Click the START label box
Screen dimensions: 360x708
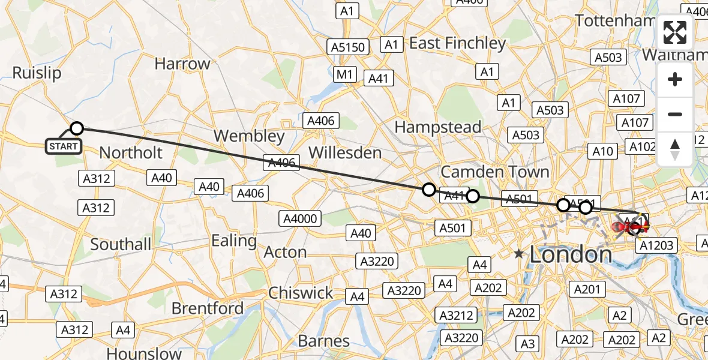coord(63,146)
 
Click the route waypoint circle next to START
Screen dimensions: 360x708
coord(77,128)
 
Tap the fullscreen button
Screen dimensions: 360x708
coord(675,33)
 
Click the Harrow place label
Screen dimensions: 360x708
coord(182,64)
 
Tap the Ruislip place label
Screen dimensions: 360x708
coord(37,73)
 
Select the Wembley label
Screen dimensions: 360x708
coord(249,136)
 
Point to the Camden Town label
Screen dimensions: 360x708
coord(495,172)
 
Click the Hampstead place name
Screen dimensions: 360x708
coord(438,127)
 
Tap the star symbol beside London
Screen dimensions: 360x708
coord(518,254)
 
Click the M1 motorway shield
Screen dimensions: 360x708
coord(344,74)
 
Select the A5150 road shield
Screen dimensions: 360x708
coord(348,47)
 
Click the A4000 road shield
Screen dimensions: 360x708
coord(301,218)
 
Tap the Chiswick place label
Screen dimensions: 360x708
coord(301,293)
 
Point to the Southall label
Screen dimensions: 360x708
coord(121,244)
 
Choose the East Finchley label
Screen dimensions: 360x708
coord(457,43)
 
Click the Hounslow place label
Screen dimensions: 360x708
coord(144,353)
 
